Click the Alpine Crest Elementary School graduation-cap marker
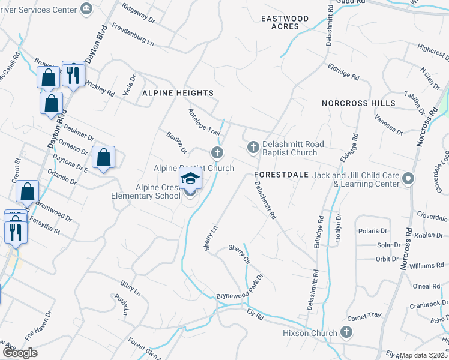[x=191, y=179]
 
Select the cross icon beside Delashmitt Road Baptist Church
[x=253, y=147]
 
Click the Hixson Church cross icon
[x=346, y=332]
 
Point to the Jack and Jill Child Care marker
[x=409, y=179]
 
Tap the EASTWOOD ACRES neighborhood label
[x=285, y=22]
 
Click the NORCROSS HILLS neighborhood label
[x=358, y=103]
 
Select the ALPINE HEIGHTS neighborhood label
[x=178, y=93]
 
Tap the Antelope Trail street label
[x=205, y=122]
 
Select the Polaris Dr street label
[x=373, y=231]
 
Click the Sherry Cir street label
[x=239, y=254]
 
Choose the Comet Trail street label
[x=364, y=316]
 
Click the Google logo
[x=19, y=353]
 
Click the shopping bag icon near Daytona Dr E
[x=104, y=157]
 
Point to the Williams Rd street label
[x=427, y=265]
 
